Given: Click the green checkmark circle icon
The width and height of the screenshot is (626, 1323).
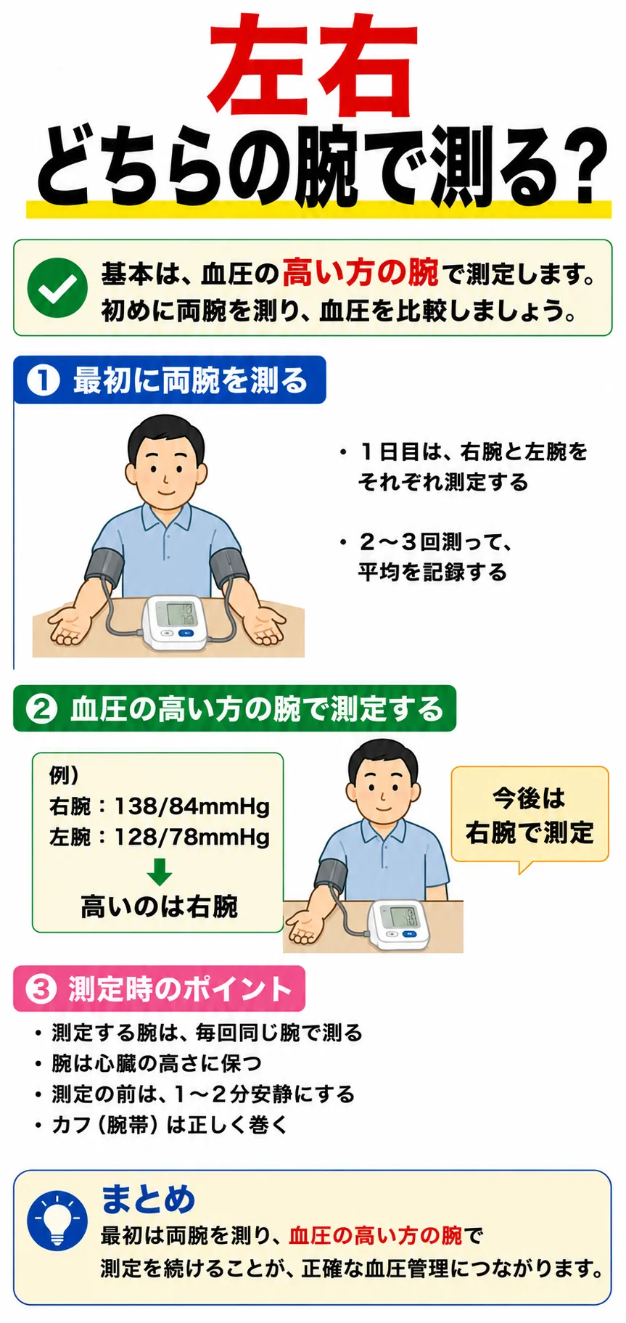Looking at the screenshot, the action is pos(57,288).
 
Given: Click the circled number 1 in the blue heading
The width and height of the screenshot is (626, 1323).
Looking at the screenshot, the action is pos(42,380).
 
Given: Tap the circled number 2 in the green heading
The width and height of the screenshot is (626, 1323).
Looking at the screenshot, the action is pos(41,708).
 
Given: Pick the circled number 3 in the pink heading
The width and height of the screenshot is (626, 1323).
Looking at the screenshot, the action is pos(41,988).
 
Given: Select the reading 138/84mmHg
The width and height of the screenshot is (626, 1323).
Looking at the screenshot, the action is pos(191,806).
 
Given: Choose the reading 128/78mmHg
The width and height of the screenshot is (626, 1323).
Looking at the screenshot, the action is pos(191,837).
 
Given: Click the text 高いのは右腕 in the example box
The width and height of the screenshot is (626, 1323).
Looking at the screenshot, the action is pos(160,906).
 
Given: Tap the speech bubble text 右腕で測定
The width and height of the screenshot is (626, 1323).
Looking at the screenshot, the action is pos(530,832).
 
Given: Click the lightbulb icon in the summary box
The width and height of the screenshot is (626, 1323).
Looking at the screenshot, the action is pos(57,1220).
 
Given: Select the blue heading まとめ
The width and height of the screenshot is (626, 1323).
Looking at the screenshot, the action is pos(148,1198).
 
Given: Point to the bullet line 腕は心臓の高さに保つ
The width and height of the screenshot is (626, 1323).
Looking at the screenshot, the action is pos(148,1063).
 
